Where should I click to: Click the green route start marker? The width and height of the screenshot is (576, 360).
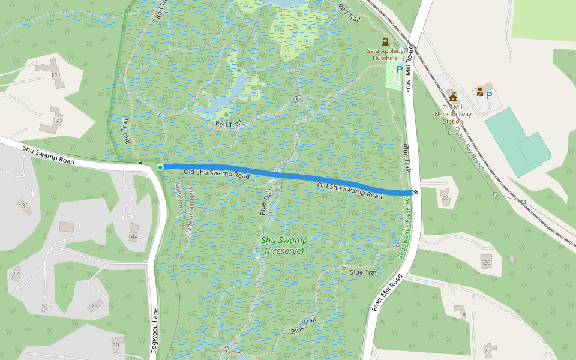click(160, 167)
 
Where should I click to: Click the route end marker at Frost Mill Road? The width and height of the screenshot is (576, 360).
click(415, 192)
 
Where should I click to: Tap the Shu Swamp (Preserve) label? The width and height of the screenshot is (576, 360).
click(284, 245)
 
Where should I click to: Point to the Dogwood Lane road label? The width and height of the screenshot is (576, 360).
click(154, 330)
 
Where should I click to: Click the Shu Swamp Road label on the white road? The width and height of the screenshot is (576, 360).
click(49, 155)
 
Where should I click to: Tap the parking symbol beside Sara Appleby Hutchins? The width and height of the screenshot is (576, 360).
click(400, 70)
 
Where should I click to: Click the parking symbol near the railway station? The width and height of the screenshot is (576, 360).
click(489, 95)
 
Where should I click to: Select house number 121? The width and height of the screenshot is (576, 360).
click(56, 76)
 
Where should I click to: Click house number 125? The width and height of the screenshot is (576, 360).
click(58, 120)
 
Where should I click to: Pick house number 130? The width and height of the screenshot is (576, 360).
click(23, 206)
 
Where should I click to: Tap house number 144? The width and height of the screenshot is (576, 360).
click(133, 236)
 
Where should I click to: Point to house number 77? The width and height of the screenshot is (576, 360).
click(16, 274)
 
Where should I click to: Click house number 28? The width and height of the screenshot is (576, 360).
click(445, 197)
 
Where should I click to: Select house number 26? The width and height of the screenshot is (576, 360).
click(487, 263)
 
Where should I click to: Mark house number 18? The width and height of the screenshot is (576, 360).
click(461, 316)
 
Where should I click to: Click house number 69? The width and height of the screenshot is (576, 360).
click(116, 346)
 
